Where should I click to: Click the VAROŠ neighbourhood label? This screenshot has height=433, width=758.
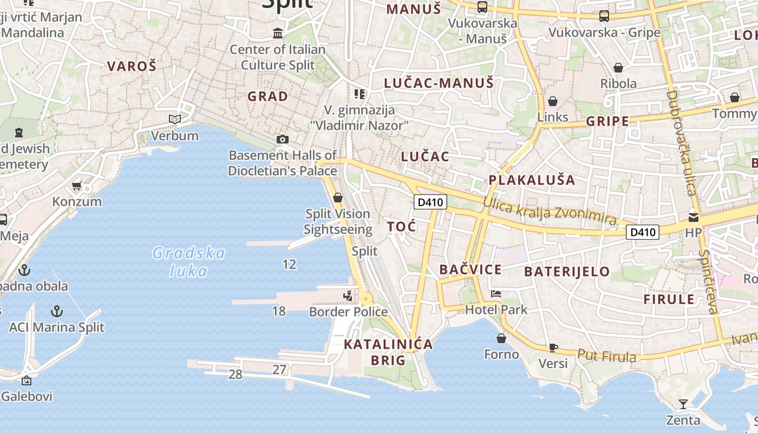coord(132,67)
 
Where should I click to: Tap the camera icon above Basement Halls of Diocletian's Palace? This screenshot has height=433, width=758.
coord(282,140)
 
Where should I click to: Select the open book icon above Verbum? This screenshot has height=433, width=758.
coord(174,119)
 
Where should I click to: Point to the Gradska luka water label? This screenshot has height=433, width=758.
coord(188,261)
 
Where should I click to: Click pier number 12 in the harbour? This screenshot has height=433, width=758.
coord(290,264)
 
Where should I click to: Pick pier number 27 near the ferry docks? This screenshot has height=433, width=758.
coord(279,370)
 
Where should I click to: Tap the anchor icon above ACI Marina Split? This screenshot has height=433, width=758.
coord(56,311)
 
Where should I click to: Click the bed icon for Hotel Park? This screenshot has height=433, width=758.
coord(495,294)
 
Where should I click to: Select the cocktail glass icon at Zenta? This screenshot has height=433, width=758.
coord(683,404)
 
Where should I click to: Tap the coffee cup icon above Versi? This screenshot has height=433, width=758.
coord(553,347)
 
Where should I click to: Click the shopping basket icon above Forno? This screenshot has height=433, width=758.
coord(501,339)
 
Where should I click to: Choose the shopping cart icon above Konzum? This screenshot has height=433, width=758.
coord(76,186)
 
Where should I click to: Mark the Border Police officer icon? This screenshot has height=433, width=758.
coord(348,296)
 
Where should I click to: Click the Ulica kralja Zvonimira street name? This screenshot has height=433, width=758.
coord(550,211)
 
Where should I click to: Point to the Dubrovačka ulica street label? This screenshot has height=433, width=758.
coord(681,143)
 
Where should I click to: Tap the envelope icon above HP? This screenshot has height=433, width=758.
coord(693,217)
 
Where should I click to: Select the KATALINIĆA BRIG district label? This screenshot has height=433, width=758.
coord(388,352)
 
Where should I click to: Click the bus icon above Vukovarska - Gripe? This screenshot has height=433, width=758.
coord(604,16)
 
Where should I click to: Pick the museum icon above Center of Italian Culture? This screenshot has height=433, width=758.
coord(278,34)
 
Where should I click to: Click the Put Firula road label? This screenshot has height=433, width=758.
coord(606,356)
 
